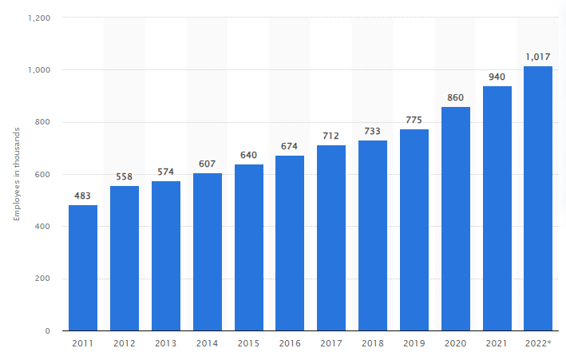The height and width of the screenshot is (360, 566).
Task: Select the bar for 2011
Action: [x=83, y=267]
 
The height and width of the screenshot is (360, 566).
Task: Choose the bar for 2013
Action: [x=166, y=255]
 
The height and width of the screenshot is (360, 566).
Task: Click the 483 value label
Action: [x=83, y=196]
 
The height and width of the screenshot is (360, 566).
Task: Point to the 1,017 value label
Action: [x=538, y=56]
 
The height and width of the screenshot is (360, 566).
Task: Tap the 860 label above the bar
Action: [x=456, y=97]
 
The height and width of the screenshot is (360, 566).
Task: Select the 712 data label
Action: [x=331, y=136]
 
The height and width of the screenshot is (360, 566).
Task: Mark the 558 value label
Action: [x=125, y=176]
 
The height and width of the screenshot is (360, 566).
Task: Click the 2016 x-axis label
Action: [x=290, y=343]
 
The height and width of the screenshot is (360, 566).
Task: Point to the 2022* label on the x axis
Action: [x=539, y=343]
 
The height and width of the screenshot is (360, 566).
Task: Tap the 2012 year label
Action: [x=125, y=343]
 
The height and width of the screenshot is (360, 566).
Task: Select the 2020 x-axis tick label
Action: [x=456, y=343]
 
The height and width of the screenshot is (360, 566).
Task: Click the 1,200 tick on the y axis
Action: [x=39, y=18]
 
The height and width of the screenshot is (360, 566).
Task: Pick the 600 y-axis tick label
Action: [x=43, y=174]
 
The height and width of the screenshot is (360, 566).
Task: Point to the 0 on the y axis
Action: [x=48, y=330]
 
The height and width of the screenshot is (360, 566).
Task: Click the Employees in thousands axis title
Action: [x=16, y=174]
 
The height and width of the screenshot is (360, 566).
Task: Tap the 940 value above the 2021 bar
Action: [x=497, y=77]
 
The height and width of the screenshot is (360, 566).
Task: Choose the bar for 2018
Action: [x=373, y=235]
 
